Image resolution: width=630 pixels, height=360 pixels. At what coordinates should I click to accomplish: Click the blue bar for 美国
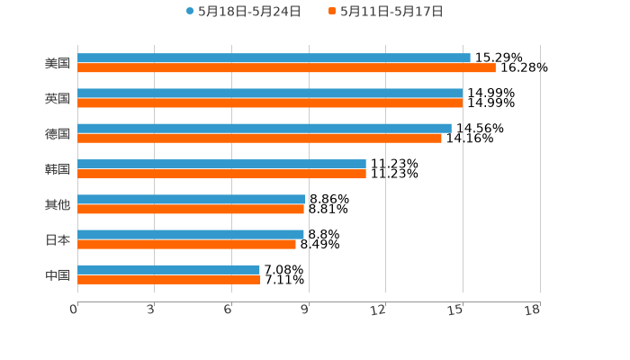(x=274, y=58)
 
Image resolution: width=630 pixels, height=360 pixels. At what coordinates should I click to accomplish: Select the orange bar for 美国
(x=286, y=68)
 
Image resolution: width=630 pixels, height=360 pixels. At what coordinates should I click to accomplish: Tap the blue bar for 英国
(x=270, y=94)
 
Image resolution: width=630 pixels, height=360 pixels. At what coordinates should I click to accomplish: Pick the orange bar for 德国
(x=259, y=139)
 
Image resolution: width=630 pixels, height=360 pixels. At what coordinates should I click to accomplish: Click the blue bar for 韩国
(x=221, y=164)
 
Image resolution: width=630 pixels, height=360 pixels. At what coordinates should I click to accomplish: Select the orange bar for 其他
(x=191, y=210)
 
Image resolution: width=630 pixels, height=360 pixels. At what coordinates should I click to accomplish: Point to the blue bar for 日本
(x=191, y=234)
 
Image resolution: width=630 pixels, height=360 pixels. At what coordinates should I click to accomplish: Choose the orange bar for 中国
(x=169, y=280)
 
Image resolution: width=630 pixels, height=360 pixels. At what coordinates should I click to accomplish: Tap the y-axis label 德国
(x=58, y=133)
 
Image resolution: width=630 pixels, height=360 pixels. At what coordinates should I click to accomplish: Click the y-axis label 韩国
(x=58, y=169)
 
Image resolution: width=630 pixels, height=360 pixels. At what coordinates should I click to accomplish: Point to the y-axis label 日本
(x=58, y=239)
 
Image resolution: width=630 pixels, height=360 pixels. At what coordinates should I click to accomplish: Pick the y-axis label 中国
(x=58, y=274)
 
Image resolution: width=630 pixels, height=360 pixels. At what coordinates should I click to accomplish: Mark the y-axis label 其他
(x=58, y=204)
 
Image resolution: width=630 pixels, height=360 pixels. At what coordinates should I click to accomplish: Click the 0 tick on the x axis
(x=75, y=310)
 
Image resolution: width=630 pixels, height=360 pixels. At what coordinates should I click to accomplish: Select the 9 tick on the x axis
(x=305, y=310)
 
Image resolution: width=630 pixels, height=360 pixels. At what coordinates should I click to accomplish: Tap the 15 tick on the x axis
(x=456, y=310)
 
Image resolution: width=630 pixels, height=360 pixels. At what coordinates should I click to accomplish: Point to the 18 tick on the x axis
(x=533, y=310)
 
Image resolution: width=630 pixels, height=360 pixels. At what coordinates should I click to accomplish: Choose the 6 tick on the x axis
(x=229, y=310)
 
